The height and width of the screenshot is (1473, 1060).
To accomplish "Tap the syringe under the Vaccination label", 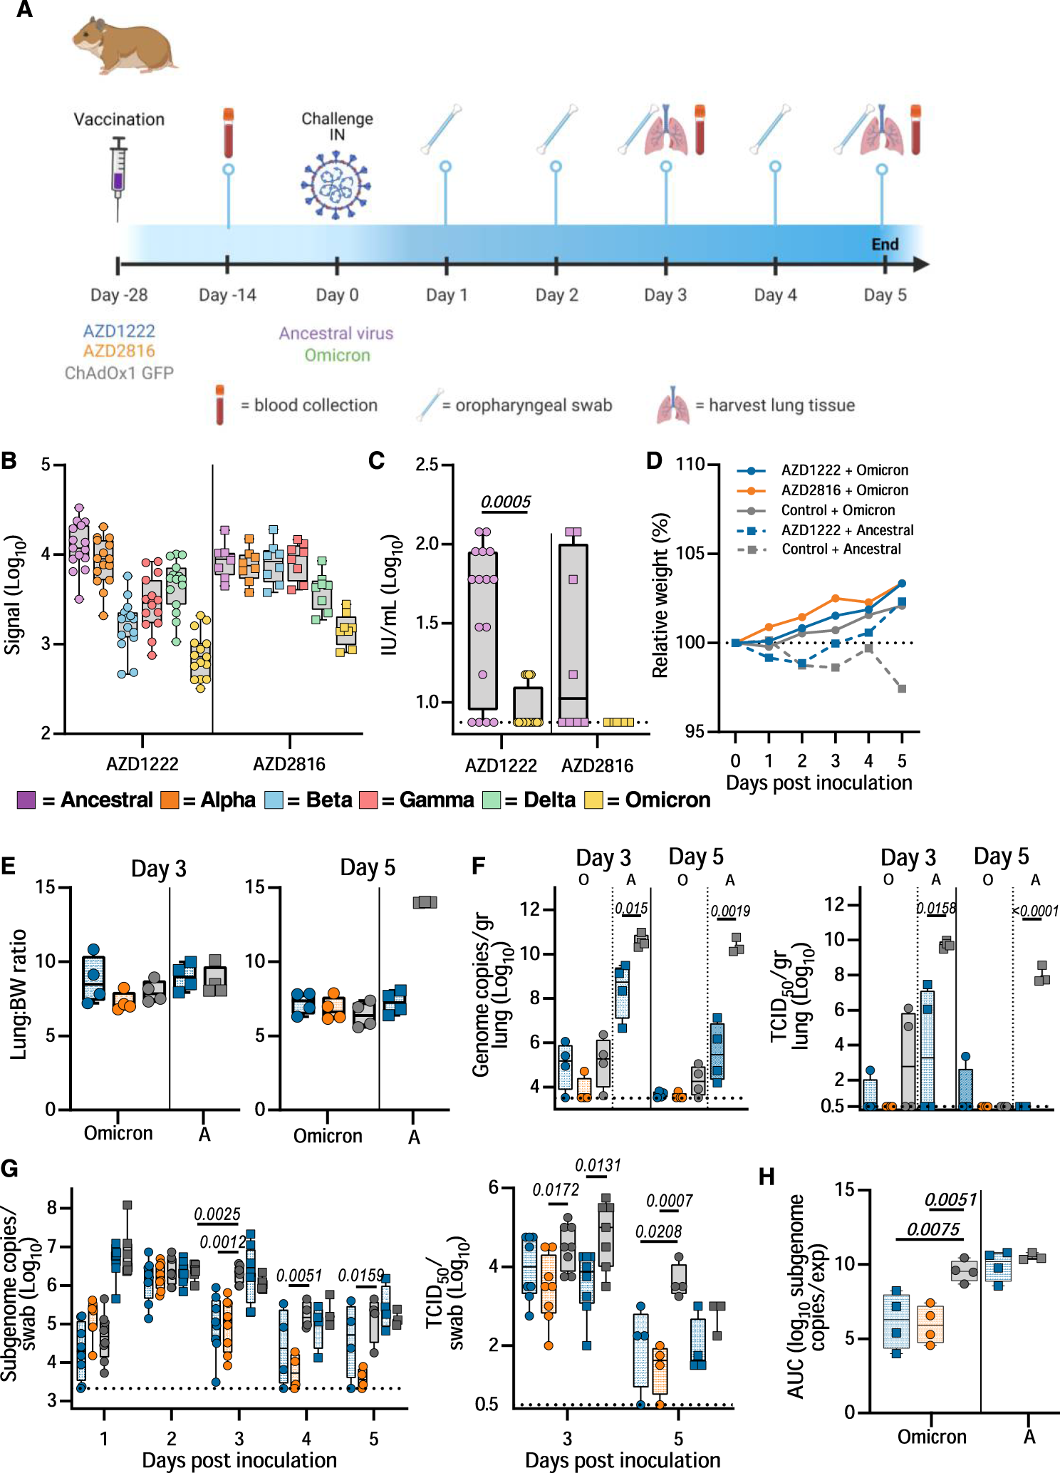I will pyautogui.click(x=119, y=174).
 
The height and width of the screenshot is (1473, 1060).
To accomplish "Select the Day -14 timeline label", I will pyautogui.click(x=227, y=295).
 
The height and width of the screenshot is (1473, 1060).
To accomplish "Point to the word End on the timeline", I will pyautogui.click(x=885, y=244).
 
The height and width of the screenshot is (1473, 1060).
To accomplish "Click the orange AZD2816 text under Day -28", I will pyautogui.click(x=119, y=351).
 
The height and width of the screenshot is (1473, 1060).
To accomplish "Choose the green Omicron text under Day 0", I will pyautogui.click(x=337, y=355).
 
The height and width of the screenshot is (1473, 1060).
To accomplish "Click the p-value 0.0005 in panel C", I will pyautogui.click(x=506, y=502).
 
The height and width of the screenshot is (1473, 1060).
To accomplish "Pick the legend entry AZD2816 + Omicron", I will pyautogui.click(x=844, y=490).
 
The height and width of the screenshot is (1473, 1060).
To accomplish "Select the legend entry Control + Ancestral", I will pyautogui.click(x=841, y=549).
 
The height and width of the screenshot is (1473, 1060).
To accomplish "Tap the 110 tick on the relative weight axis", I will pyautogui.click(x=689, y=465).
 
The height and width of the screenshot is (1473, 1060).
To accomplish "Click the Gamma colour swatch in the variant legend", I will pyautogui.click(x=368, y=800).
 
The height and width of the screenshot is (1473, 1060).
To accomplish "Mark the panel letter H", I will pyautogui.click(x=767, y=1177).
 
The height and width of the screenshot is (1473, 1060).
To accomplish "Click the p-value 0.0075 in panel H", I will pyautogui.click(x=932, y=1229).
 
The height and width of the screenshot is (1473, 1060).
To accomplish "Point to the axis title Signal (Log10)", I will pyautogui.click(x=14, y=594).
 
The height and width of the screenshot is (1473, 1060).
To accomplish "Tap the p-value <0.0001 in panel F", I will pyautogui.click(x=1035, y=911).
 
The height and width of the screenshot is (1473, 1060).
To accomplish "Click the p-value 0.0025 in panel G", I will pyautogui.click(x=217, y=1214).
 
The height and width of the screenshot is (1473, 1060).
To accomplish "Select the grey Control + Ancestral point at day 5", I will pyautogui.click(x=902, y=688).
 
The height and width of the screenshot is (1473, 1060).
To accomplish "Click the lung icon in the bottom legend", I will pyautogui.click(x=672, y=405).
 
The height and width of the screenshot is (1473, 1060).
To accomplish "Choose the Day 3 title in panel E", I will pyautogui.click(x=158, y=869).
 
